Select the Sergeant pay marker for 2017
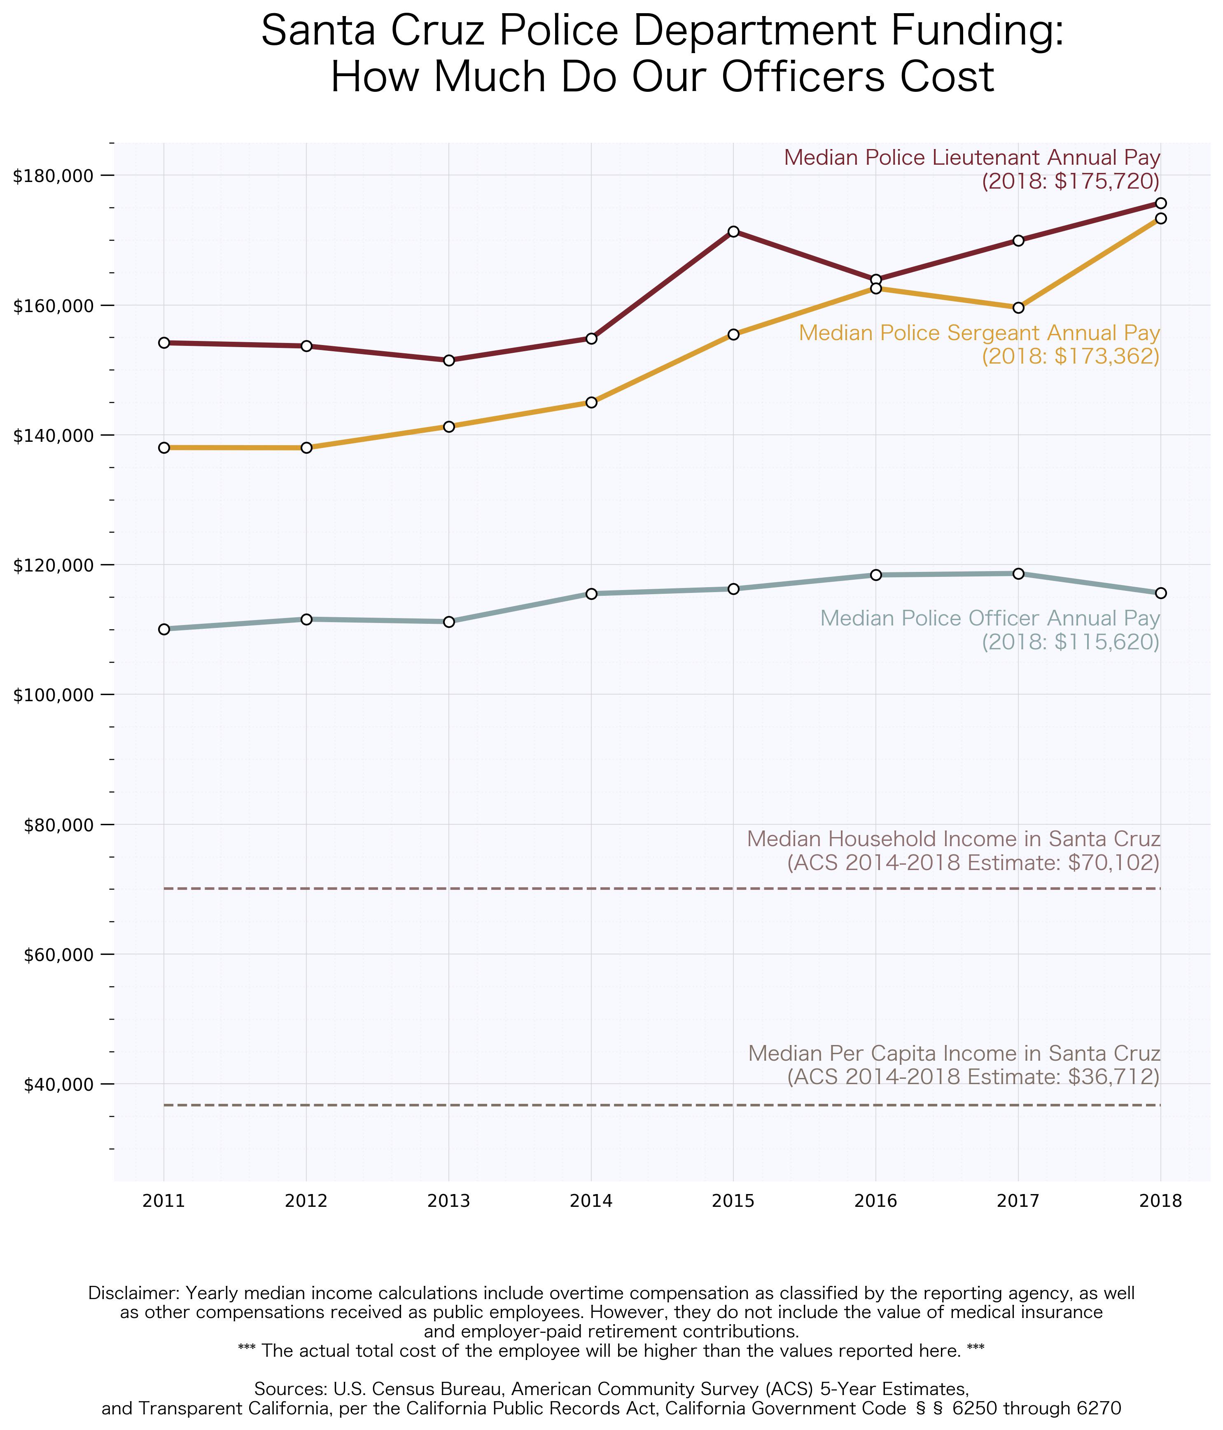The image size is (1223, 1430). (1018, 307)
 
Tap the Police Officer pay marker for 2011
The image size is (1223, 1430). (163, 629)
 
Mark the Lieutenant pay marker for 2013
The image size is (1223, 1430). (448, 360)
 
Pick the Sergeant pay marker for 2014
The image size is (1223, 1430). (591, 402)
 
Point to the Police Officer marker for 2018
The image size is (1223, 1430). (1160, 593)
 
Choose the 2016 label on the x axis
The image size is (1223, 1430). (875, 1201)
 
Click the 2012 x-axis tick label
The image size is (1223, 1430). (306, 1201)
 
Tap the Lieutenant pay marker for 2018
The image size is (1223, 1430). (1160, 203)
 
